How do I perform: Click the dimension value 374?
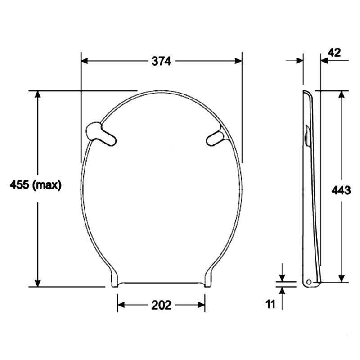(161, 61)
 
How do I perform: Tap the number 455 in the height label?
(19, 184)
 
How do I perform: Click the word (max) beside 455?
(47, 185)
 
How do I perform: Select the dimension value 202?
(161, 305)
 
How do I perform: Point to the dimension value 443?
(341, 190)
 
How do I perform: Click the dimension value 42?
(334, 53)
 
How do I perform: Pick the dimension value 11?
(270, 305)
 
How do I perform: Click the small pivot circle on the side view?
(309, 282)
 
